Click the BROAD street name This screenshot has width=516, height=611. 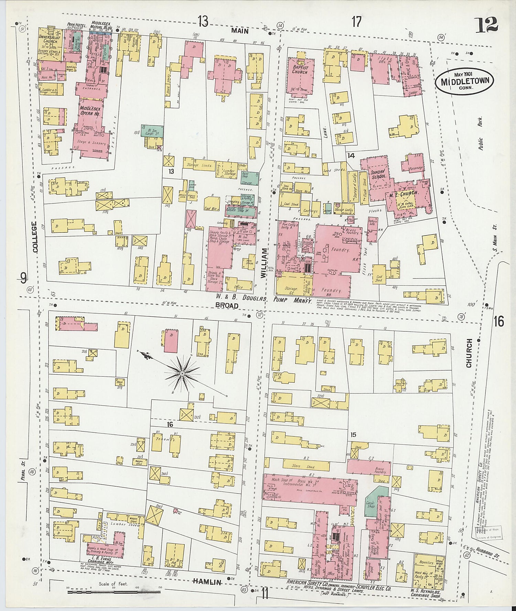click(x=227, y=305)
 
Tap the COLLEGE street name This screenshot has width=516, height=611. click(x=35, y=237)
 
